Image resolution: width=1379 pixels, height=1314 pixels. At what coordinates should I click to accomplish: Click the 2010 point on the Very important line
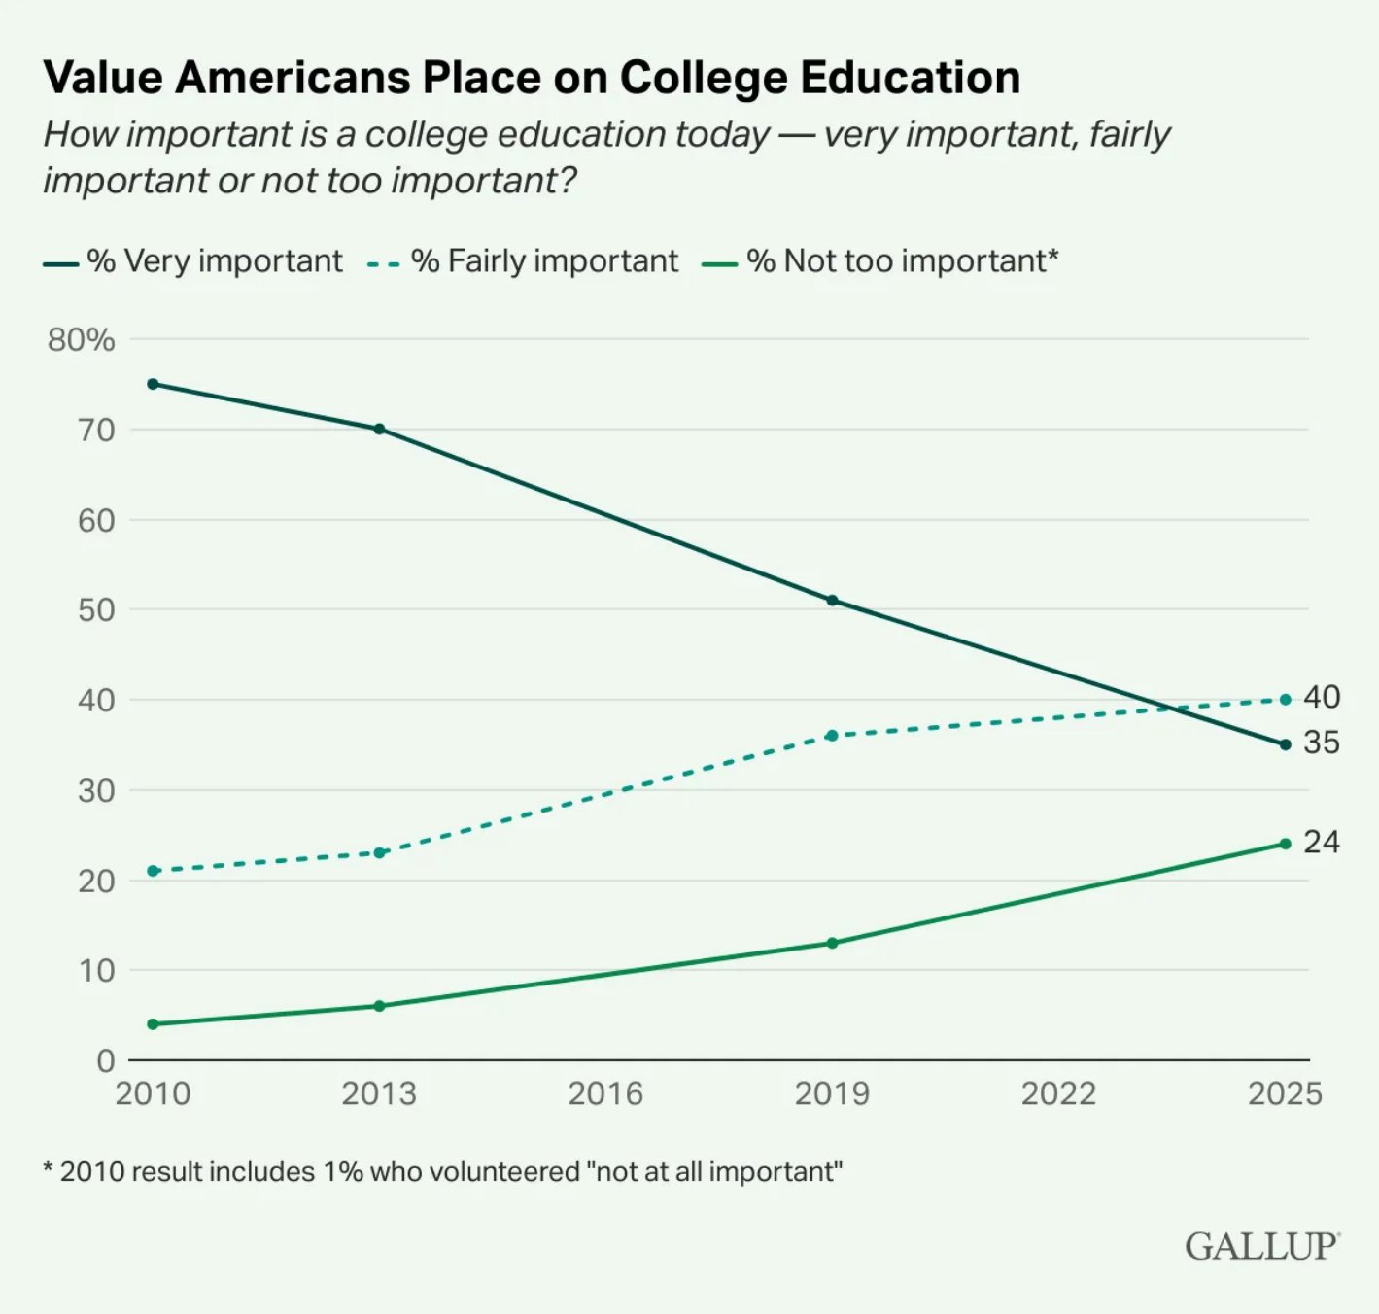point(153,384)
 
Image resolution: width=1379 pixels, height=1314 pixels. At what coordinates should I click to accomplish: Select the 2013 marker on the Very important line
point(379,429)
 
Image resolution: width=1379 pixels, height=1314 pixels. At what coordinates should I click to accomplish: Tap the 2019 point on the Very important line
point(832,601)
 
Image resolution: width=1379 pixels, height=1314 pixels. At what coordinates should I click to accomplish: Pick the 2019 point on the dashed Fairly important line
point(832,736)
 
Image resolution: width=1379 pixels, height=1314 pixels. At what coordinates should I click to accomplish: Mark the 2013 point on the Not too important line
point(379,1006)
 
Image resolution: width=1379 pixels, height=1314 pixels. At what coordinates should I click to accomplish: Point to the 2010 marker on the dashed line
point(153,871)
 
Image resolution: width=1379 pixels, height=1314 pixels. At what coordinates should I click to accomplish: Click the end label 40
point(1322,697)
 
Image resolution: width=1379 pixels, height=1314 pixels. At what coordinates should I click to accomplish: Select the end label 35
point(1322,743)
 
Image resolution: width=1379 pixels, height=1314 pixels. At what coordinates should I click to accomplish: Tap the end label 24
point(1322,842)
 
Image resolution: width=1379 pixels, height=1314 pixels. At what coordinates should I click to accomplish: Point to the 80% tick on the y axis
point(81,340)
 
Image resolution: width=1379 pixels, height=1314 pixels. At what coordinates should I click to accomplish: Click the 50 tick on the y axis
point(95,610)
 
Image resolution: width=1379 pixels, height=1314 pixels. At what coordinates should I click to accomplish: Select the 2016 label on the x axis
point(605,1093)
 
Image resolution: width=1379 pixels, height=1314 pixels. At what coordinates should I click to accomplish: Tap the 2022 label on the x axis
point(1058,1093)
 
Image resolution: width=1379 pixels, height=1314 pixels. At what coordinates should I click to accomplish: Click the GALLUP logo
point(1261,1246)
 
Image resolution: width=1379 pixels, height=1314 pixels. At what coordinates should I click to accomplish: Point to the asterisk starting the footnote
point(48,1169)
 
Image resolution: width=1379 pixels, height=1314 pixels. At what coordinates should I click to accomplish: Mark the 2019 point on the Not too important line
point(832,943)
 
